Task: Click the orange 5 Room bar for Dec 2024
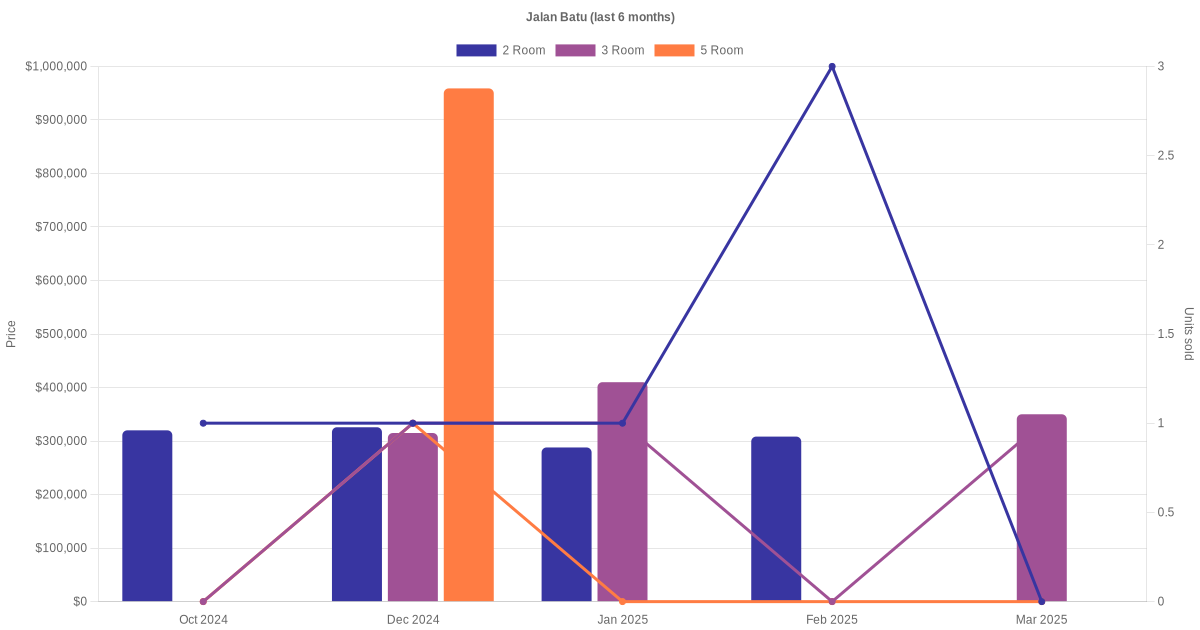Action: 468,345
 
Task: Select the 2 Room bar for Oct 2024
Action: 147,516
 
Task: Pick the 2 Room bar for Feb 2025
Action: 776,519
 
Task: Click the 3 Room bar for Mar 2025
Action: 1041,508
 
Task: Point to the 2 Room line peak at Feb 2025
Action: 832,67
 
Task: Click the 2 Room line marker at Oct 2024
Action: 203,423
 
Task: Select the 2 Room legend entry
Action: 500,50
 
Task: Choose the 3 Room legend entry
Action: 599,50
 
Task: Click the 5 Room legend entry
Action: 698,50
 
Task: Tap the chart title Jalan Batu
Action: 600,17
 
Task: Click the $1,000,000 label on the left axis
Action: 56,66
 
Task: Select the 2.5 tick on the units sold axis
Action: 1166,156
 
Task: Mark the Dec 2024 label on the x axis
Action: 413,620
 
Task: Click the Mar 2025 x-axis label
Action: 1041,620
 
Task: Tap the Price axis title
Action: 11,334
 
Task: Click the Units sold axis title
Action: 1189,334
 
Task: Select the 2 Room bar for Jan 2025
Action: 566,524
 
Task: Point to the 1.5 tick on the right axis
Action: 1166,334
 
